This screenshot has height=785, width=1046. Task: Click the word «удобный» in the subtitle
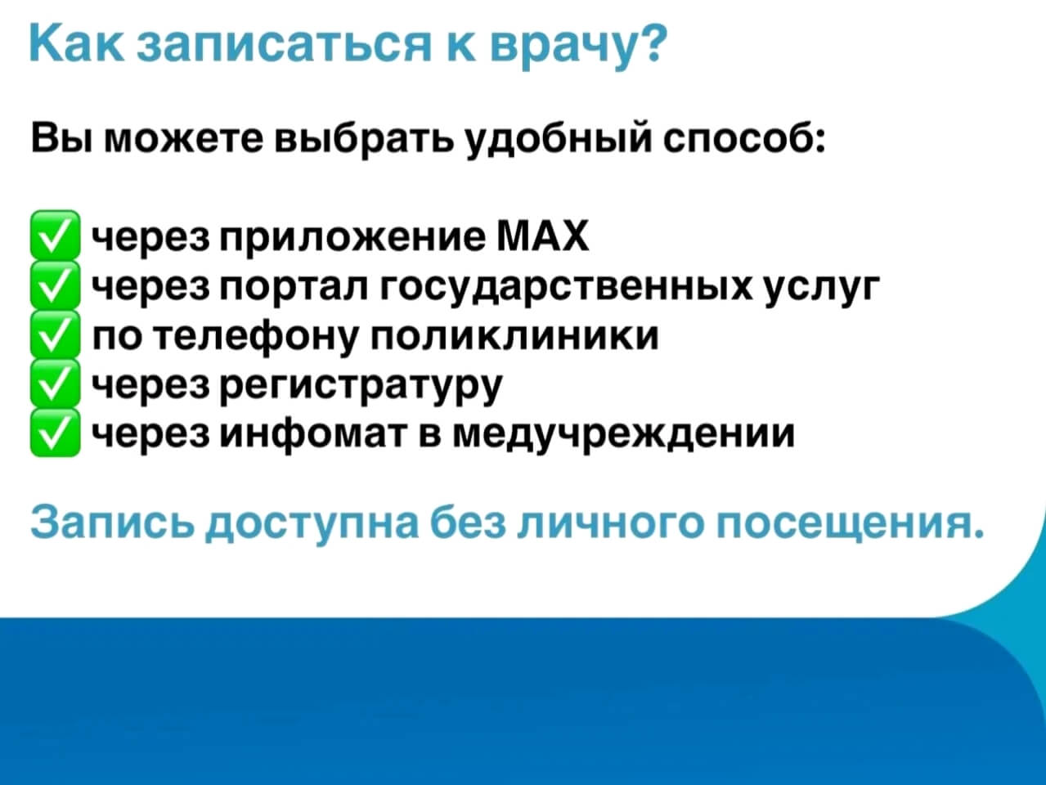(x=558, y=140)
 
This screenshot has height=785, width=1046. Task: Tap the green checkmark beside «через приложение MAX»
(x=55, y=235)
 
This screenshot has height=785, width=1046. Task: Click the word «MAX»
(x=543, y=235)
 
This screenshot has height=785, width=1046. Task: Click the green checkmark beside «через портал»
(x=55, y=285)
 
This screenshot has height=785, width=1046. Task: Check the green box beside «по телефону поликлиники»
(x=55, y=334)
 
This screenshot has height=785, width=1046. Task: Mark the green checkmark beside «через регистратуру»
(x=55, y=384)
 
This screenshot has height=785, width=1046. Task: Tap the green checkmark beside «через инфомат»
(x=55, y=433)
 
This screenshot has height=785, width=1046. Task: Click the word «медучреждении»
(x=623, y=435)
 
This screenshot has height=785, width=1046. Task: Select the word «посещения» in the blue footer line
(x=849, y=521)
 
